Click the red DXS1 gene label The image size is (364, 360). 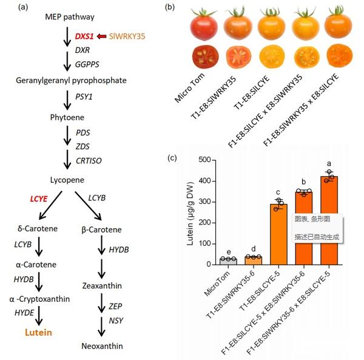coord(84,36)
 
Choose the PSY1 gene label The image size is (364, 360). coord(83,96)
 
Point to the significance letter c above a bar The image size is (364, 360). coord(277,193)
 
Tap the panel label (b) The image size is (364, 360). coord(170,7)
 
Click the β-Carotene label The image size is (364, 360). coord(101,229)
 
